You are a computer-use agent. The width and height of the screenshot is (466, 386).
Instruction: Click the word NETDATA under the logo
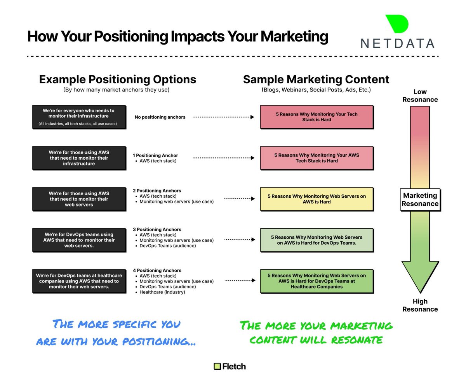[397, 43]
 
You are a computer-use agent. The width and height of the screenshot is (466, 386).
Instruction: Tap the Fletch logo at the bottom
[230, 366]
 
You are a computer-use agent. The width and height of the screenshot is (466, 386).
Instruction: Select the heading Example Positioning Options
[117, 79]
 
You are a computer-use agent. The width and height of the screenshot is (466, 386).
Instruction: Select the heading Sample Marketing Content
[316, 79]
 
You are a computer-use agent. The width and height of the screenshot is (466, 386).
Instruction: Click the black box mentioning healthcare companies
[79, 281]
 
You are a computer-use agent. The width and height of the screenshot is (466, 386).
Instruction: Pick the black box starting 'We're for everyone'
[79, 117]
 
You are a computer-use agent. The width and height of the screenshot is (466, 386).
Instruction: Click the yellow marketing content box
[316, 199]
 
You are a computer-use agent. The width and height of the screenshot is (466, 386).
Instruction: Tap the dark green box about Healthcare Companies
[316, 281]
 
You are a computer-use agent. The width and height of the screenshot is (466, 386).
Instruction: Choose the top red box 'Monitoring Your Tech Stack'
[316, 117]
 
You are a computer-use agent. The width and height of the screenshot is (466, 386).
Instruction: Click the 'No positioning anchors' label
[160, 117]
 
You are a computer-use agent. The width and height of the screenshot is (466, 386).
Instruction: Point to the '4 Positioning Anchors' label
[157, 271]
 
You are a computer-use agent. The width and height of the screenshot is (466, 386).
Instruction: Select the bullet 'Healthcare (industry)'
[162, 292]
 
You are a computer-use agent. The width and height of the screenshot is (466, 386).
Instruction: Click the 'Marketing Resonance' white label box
[420, 200]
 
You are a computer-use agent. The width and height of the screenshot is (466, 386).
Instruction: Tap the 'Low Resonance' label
[420, 96]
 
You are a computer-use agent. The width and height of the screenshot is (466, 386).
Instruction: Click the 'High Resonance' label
[420, 305]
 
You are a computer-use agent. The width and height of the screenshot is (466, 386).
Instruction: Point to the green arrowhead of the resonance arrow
[420, 277]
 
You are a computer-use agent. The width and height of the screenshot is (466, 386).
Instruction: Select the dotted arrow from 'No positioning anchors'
[223, 117]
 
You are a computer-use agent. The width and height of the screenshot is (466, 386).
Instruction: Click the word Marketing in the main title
[294, 37]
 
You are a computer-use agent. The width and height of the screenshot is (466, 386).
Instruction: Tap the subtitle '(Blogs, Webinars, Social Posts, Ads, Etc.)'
[316, 90]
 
